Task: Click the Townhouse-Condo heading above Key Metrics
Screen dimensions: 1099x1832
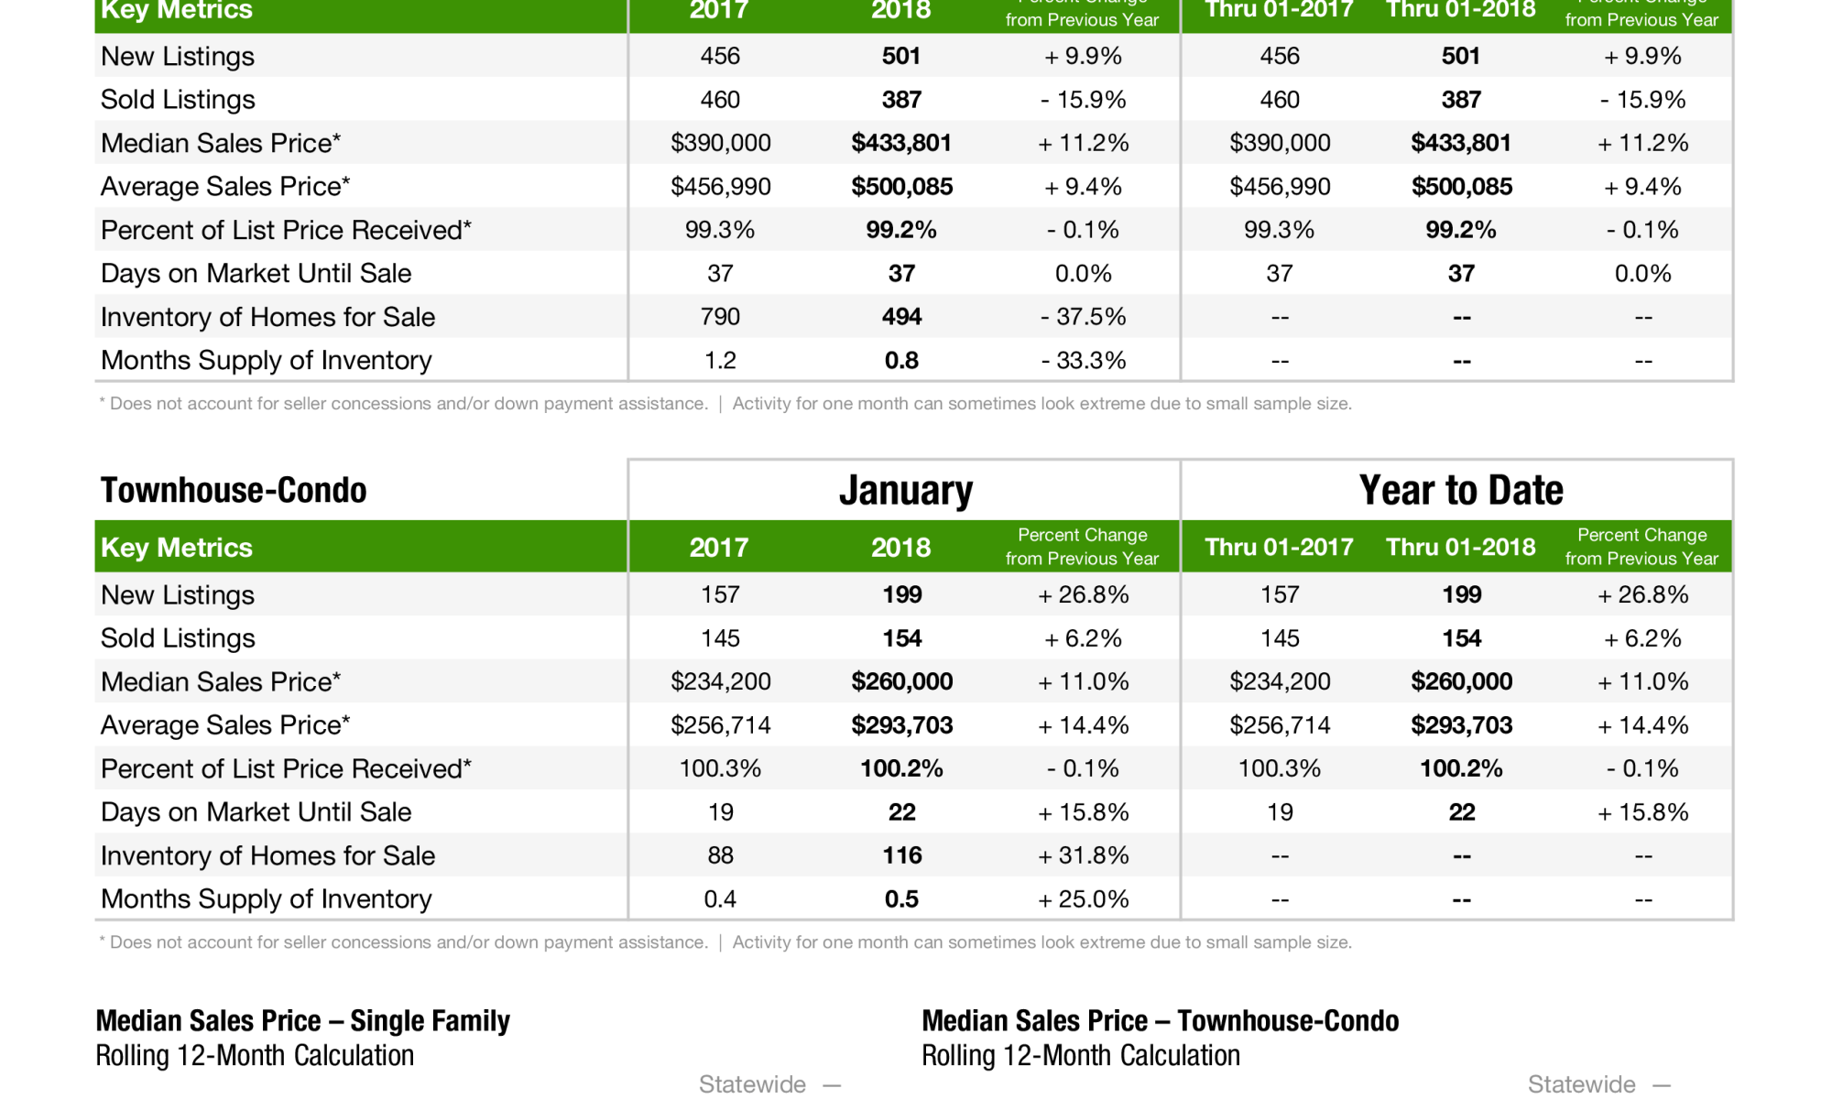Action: tap(234, 491)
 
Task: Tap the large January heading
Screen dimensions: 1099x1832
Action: tap(905, 491)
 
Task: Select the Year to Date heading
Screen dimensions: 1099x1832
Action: tap(1460, 491)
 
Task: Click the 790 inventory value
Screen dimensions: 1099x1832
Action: tap(720, 317)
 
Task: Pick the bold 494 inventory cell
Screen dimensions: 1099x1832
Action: tap(901, 317)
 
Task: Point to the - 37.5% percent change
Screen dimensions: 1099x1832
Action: tap(1083, 317)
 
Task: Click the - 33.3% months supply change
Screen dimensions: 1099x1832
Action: tap(1083, 360)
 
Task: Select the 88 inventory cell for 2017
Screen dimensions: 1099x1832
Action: tap(720, 855)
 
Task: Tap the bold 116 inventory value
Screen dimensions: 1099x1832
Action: tap(901, 855)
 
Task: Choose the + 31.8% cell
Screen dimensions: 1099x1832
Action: tap(1083, 855)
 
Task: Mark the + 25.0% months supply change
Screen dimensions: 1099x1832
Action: tap(1083, 898)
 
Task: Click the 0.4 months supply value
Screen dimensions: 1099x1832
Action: tap(720, 898)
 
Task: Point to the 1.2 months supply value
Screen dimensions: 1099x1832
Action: tap(720, 360)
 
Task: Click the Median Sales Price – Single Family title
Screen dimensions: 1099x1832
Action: tap(302, 1020)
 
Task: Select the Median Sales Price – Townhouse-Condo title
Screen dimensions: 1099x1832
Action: tap(1160, 1020)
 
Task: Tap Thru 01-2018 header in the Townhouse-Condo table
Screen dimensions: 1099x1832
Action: tap(1460, 547)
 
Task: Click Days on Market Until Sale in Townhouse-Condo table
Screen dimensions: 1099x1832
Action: tap(256, 811)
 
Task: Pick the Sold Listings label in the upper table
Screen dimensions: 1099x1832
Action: tap(178, 99)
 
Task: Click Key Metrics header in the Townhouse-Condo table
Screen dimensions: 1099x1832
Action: tap(177, 547)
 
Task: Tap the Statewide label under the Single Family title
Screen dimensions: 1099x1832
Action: tap(752, 1084)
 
